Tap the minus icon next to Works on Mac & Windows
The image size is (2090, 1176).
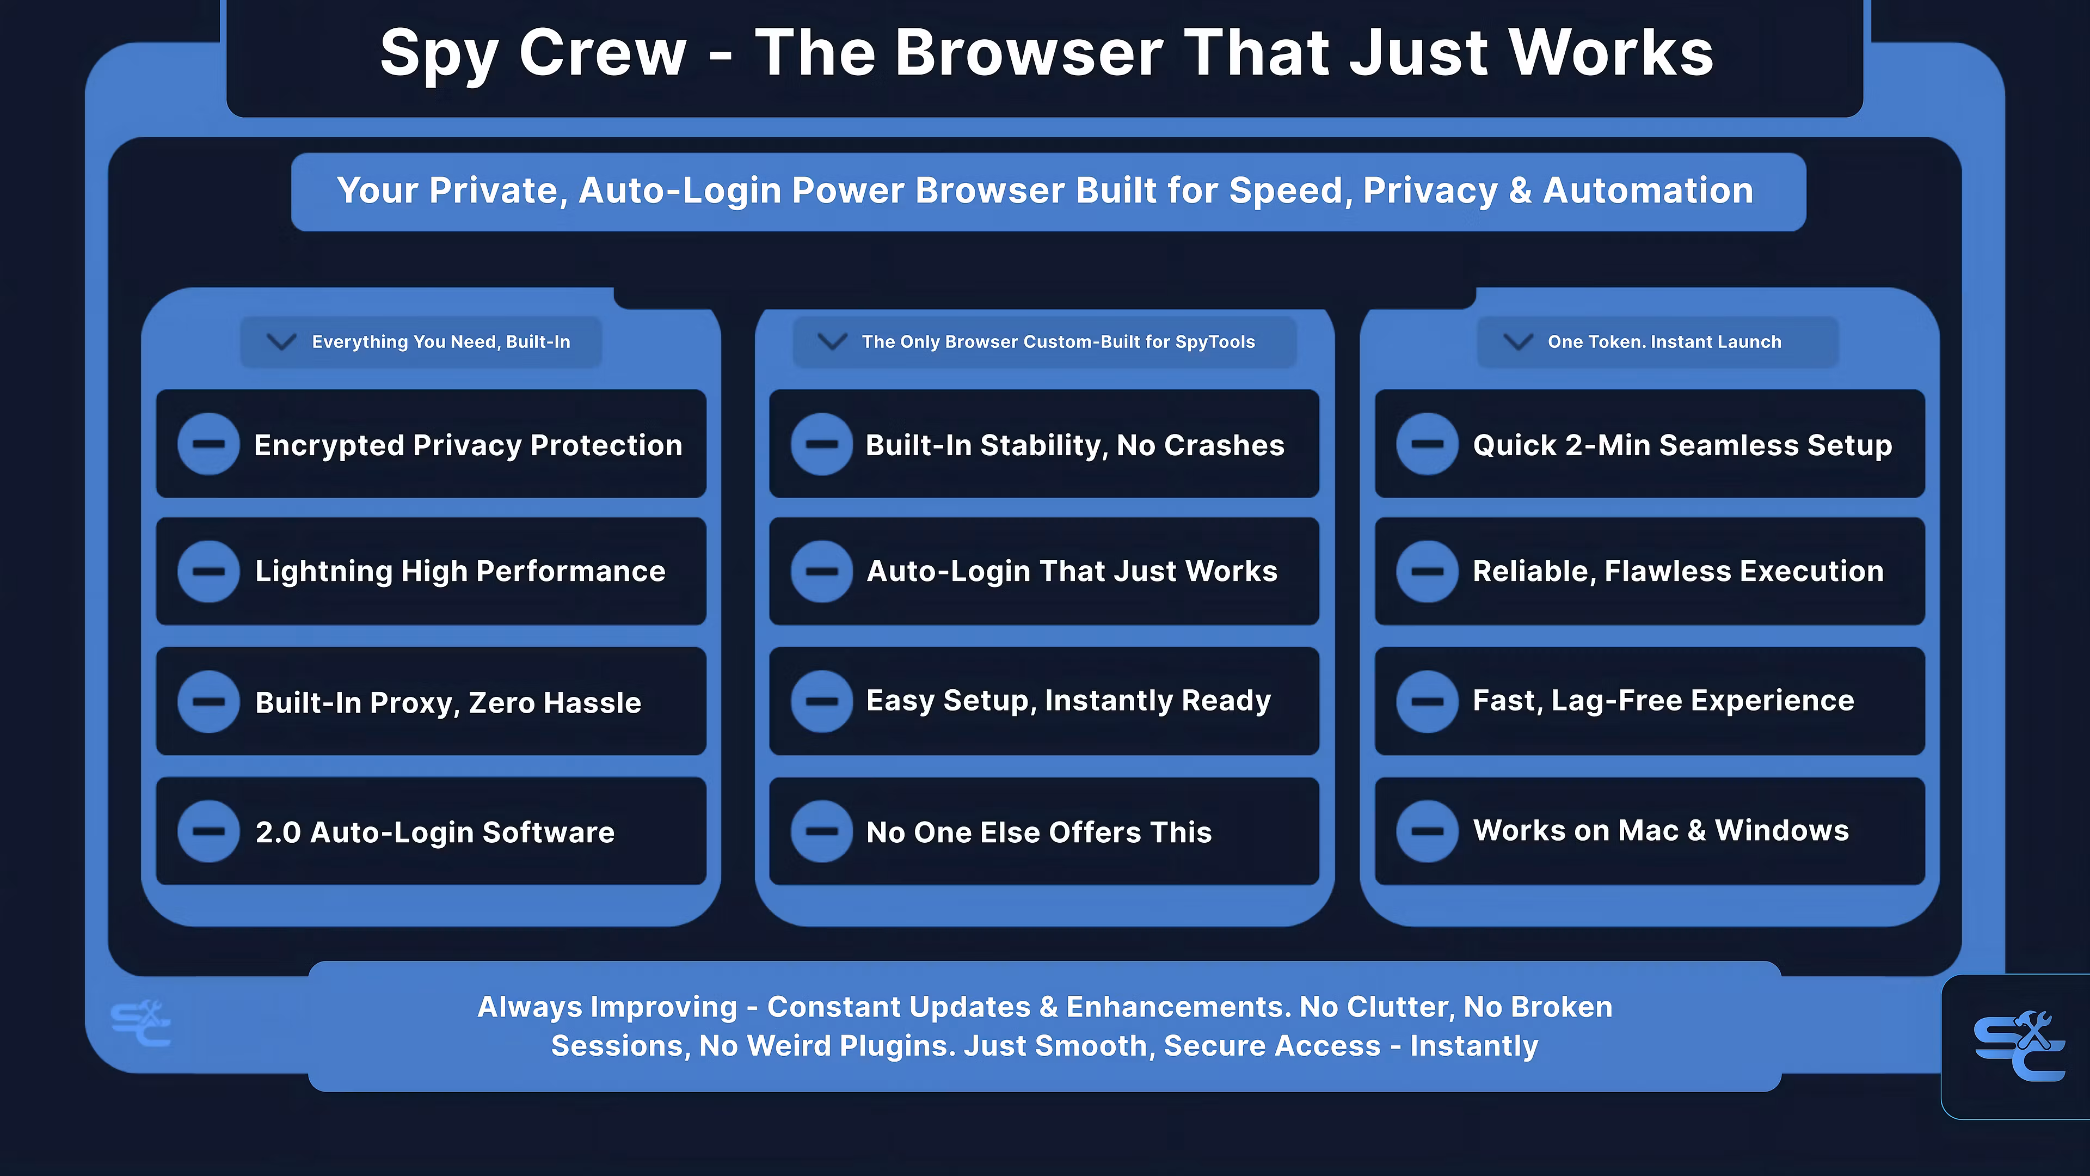[x=1427, y=831]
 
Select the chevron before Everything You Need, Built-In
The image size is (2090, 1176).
[x=281, y=342]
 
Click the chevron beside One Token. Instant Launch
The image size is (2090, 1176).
[x=1518, y=342]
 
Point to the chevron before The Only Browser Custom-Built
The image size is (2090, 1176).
[x=832, y=342]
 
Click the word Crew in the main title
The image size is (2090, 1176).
[x=603, y=53]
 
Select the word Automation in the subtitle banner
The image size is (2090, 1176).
[x=1648, y=191]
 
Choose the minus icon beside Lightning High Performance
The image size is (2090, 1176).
[x=208, y=571]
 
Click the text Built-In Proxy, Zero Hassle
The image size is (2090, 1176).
[x=448, y=703]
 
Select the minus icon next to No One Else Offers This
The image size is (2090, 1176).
[x=822, y=831]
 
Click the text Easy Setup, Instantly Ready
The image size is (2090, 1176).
[x=1068, y=700]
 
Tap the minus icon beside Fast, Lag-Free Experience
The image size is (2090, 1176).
[x=1427, y=701]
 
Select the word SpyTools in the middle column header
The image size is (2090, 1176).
[x=1215, y=342]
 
